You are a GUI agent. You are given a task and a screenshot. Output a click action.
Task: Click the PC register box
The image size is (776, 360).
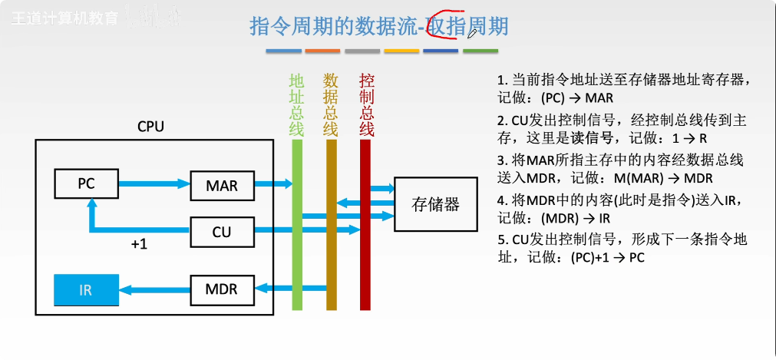(86, 184)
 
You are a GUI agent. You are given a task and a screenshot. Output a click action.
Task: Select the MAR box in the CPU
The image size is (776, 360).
(222, 185)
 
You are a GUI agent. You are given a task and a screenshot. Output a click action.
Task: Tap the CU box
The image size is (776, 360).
(222, 230)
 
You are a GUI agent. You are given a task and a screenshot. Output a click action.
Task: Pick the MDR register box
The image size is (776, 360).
(222, 289)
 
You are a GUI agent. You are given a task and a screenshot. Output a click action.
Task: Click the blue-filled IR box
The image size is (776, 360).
(86, 291)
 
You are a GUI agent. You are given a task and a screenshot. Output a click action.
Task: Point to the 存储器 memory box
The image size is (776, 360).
(435, 204)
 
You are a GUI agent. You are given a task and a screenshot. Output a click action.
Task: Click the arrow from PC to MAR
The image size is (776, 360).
(154, 184)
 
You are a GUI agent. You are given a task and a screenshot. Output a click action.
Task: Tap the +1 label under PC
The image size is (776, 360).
(138, 245)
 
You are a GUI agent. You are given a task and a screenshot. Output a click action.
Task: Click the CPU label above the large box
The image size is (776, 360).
(150, 126)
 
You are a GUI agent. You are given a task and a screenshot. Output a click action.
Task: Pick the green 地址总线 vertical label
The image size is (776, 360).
(296, 104)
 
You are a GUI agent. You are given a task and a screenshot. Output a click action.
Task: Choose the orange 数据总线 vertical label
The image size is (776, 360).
(331, 104)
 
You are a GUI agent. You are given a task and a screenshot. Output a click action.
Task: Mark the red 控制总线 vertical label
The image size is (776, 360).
(367, 104)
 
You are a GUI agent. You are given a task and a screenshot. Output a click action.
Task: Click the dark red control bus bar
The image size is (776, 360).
(365, 230)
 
